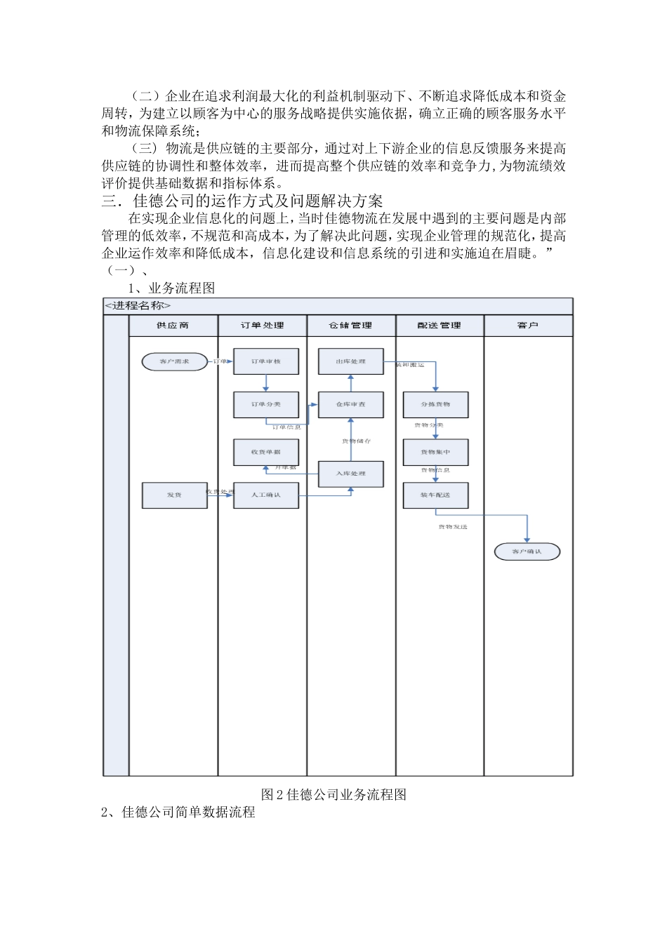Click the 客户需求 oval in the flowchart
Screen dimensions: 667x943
click(x=174, y=361)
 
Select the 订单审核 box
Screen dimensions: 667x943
click(x=266, y=361)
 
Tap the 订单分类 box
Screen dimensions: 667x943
click(x=266, y=404)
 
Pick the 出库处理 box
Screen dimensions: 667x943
click(x=350, y=361)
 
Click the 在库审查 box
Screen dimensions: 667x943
click(x=350, y=404)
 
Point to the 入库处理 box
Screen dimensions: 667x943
click(x=350, y=474)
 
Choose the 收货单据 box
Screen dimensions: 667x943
click(x=266, y=452)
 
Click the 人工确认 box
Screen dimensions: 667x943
click(x=266, y=495)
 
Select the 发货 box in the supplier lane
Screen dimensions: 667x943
click(x=174, y=495)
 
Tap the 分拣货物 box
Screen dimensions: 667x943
click(x=435, y=404)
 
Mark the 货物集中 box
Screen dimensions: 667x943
click(x=435, y=452)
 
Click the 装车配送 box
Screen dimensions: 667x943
click(x=435, y=495)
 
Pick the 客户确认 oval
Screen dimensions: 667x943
click(x=527, y=551)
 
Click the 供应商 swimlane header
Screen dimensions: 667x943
click(x=173, y=326)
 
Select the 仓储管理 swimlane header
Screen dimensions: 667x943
click(x=351, y=326)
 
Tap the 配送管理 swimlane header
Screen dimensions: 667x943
click(x=440, y=326)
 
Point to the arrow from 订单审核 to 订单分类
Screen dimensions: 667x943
click(x=266, y=383)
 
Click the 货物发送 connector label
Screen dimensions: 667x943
click(x=452, y=526)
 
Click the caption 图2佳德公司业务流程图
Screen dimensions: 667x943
click(x=333, y=794)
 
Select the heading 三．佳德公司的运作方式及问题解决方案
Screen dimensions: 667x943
click(x=242, y=201)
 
